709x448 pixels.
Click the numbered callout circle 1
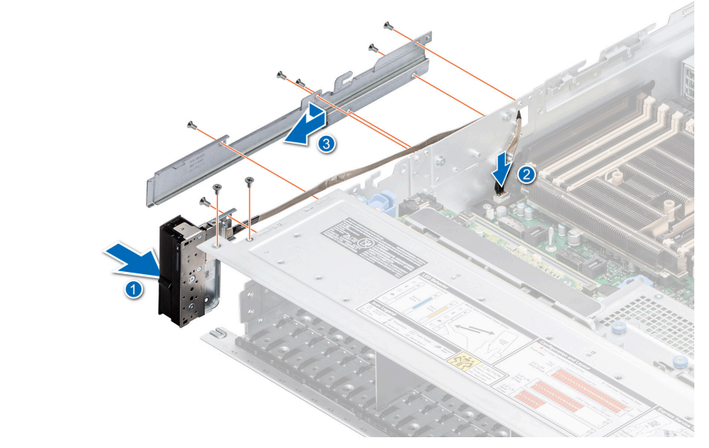(x=134, y=291)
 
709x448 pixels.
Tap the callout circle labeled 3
(x=328, y=144)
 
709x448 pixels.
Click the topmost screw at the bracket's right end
(x=388, y=27)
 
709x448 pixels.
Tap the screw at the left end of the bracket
(x=192, y=124)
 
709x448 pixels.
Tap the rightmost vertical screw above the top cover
(x=249, y=182)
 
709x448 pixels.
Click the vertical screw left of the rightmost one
(x=218, y=188)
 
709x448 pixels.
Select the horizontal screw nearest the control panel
(x=206, y=202)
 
